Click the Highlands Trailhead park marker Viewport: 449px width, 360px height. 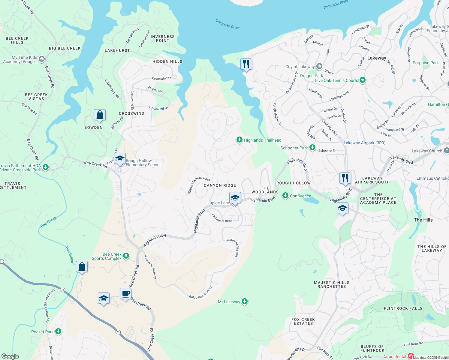pos(239,140)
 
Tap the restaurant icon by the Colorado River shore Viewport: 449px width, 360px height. pos(246,64)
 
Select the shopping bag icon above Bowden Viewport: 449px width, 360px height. pos(100,115)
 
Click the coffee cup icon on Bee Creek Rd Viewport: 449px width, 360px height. pos(125,293)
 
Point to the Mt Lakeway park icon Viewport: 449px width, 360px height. pos(245,301)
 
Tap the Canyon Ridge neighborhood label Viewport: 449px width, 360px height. pos(220,185)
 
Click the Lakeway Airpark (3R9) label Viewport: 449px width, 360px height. pos(364,143)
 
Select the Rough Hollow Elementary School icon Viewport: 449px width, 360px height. pos(120,159)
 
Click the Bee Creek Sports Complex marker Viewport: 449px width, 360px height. pos(126,256)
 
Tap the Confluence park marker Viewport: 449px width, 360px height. pos(285,196)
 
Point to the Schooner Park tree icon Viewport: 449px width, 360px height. pos(312,147)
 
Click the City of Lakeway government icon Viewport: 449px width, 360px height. pos(319,66)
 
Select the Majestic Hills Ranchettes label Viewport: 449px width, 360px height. pos(332,284)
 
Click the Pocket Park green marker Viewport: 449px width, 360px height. pos(58,331)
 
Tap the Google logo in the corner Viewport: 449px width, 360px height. pos(10,356)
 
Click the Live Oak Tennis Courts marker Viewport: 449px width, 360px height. pos(363,80)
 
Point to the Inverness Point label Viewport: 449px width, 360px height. pos(162,38)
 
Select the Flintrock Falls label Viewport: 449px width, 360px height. pos(403,308)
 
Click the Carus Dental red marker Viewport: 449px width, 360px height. pos(411,356)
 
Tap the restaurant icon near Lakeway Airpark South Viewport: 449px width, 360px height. pos(345,178)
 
